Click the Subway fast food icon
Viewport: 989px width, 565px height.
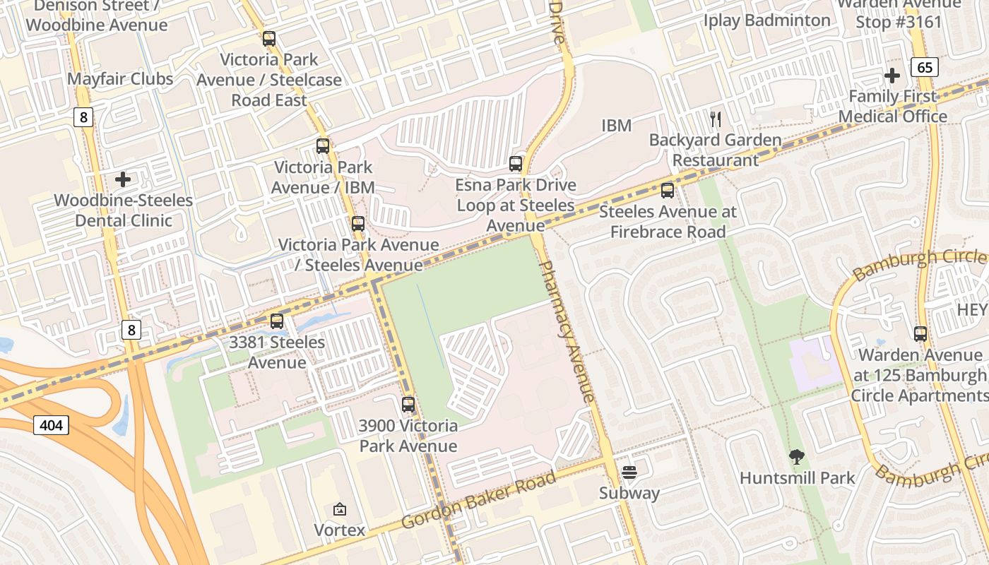tap(629, 472)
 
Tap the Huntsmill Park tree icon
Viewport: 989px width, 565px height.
tap(796, 457)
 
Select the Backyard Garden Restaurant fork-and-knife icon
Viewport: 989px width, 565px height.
tap(716, 119)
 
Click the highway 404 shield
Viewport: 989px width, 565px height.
tap(51, 424)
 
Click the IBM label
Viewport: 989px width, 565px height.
tap(616, 126)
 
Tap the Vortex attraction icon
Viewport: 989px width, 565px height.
tap(340, 509)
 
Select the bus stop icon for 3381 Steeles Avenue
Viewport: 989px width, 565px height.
tap(277, 321)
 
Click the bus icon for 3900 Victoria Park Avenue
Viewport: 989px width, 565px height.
tap(408, 405)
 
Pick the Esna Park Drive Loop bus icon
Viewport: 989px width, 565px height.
tap(516, 164)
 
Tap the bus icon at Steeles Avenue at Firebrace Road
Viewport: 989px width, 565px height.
tap(668, 191)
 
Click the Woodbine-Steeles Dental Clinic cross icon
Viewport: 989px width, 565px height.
tap(123, 179)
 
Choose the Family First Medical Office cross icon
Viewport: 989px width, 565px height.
tap(892, 75)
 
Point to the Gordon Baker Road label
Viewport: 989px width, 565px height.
tap(478, 500)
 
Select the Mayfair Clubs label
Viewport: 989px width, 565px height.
tap(120, 78)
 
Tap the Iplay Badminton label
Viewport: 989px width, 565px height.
tap(766, 20)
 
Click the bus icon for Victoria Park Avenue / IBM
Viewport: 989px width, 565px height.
tap(323, 146)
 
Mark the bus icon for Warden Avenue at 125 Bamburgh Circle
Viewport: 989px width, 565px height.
tap(920, 334)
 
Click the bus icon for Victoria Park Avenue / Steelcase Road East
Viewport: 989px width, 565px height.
tap(269, 39)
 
